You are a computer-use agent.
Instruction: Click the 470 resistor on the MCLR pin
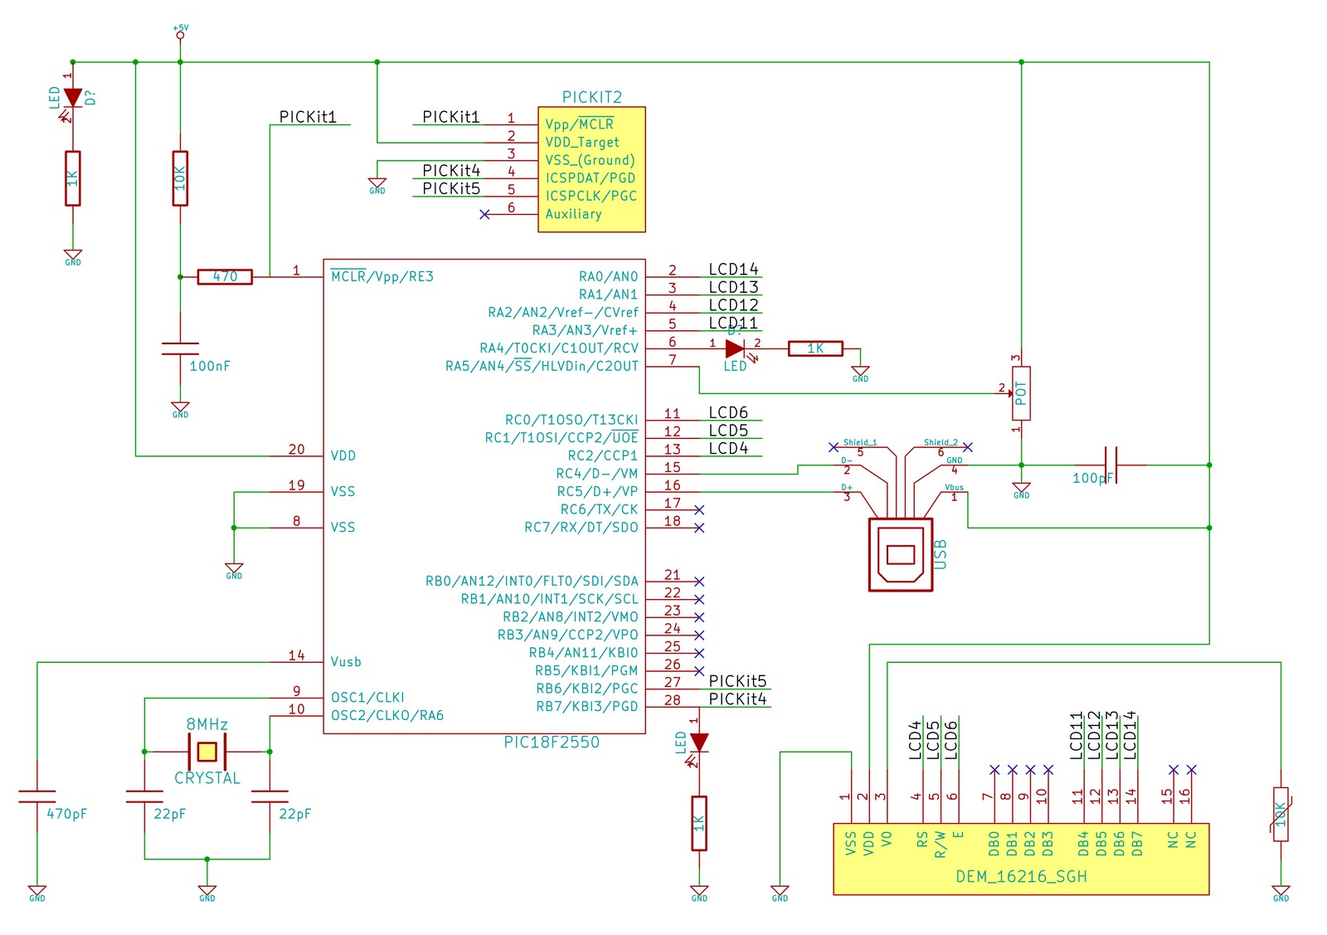[225, 277]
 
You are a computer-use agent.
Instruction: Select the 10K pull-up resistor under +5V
[180, 178]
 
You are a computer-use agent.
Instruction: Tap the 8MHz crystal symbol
[207, 752]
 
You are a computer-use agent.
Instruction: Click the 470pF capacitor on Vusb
[37, 798]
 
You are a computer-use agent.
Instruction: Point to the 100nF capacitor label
[210, 366]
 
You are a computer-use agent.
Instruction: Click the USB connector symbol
[901, 554]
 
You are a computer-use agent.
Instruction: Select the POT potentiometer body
[1021, 393]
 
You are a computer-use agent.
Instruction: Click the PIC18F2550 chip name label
[552, 743]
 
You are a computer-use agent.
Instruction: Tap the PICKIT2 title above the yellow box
[591, 97]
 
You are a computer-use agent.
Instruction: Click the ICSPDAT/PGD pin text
[591, 178]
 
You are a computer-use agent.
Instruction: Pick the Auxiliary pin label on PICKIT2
[573, 214]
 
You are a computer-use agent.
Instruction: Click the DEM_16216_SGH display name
[1021, 876]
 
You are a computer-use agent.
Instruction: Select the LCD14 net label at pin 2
[733, 269]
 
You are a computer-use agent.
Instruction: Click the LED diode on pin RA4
[735, 349]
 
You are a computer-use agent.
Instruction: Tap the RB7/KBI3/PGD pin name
[587, 706]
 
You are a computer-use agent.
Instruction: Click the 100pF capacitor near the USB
[1111, 465]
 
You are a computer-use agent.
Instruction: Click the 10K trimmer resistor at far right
[1281, 814]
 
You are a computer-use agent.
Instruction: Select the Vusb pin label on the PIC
[346, 662]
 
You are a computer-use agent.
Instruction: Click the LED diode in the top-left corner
[73, 98]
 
